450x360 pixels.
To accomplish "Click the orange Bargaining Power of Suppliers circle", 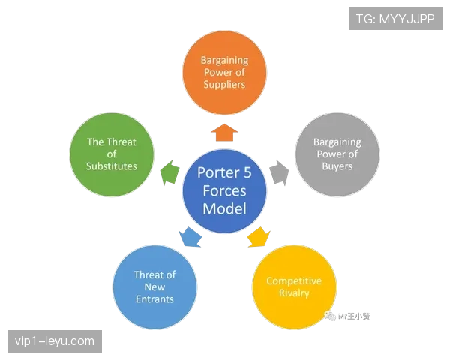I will [223, 71].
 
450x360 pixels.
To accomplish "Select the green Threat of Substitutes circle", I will [112, 154].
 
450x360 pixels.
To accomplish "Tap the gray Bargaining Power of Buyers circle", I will [337, 154].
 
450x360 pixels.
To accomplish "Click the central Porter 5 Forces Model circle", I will [224, 190].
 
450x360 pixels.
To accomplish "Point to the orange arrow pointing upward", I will [224, 133].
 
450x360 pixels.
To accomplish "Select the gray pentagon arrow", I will [278, 173].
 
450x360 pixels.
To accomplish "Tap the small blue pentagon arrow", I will [190, 237].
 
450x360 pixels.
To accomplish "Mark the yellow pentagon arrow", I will [258, 237].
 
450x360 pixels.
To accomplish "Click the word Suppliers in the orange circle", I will [223, 85].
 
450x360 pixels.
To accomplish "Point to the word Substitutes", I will [112, 166].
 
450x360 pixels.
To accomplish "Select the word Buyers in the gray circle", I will [337, 166].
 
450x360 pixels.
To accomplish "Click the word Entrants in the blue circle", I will [154, 299].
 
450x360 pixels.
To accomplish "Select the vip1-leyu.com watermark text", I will [54, 342].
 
